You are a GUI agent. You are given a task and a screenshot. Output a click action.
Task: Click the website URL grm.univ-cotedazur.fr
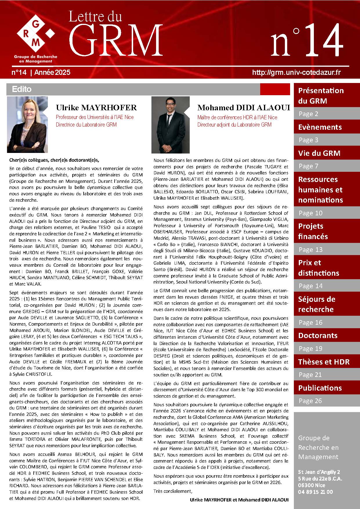(296, 72)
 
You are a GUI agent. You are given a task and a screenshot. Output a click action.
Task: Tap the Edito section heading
(22, 89)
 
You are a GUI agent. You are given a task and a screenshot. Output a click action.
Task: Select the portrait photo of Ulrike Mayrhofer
(27, 124)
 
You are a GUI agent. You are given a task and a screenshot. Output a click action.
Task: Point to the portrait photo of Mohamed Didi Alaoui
(170, 125)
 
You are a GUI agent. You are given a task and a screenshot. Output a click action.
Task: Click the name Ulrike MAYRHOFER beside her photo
(96, 108)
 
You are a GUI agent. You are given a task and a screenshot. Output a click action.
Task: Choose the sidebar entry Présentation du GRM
(321, 96)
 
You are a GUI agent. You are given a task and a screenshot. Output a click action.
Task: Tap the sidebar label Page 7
(308, 166)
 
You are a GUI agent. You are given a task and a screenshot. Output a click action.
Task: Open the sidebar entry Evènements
(320, 127)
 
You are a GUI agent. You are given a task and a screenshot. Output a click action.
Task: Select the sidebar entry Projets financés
(313, 231)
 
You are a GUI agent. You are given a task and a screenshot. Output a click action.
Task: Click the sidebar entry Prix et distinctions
(318, 268)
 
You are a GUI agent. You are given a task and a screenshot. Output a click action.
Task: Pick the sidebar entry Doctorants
(318, 335)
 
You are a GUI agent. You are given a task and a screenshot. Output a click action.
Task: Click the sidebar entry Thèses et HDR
(323, 362)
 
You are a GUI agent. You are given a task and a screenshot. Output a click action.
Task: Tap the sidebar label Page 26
(310, 401)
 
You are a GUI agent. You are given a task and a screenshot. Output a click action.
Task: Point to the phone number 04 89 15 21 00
(315, 492)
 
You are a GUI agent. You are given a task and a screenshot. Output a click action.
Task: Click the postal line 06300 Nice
(311, 485)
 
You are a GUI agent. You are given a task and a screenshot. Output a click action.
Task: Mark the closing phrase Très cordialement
(173, 491)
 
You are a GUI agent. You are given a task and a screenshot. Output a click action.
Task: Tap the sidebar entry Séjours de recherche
(316, 304)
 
